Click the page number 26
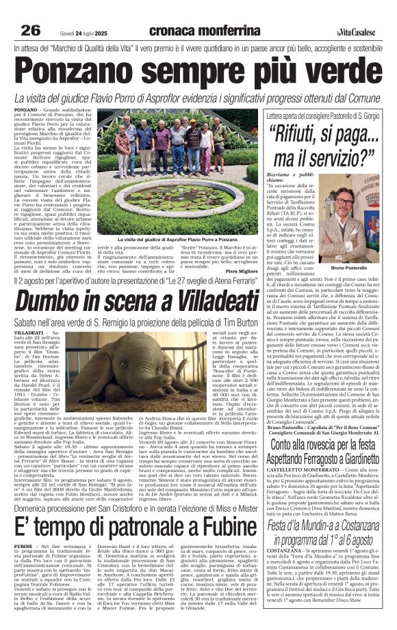tap(31, 30)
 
